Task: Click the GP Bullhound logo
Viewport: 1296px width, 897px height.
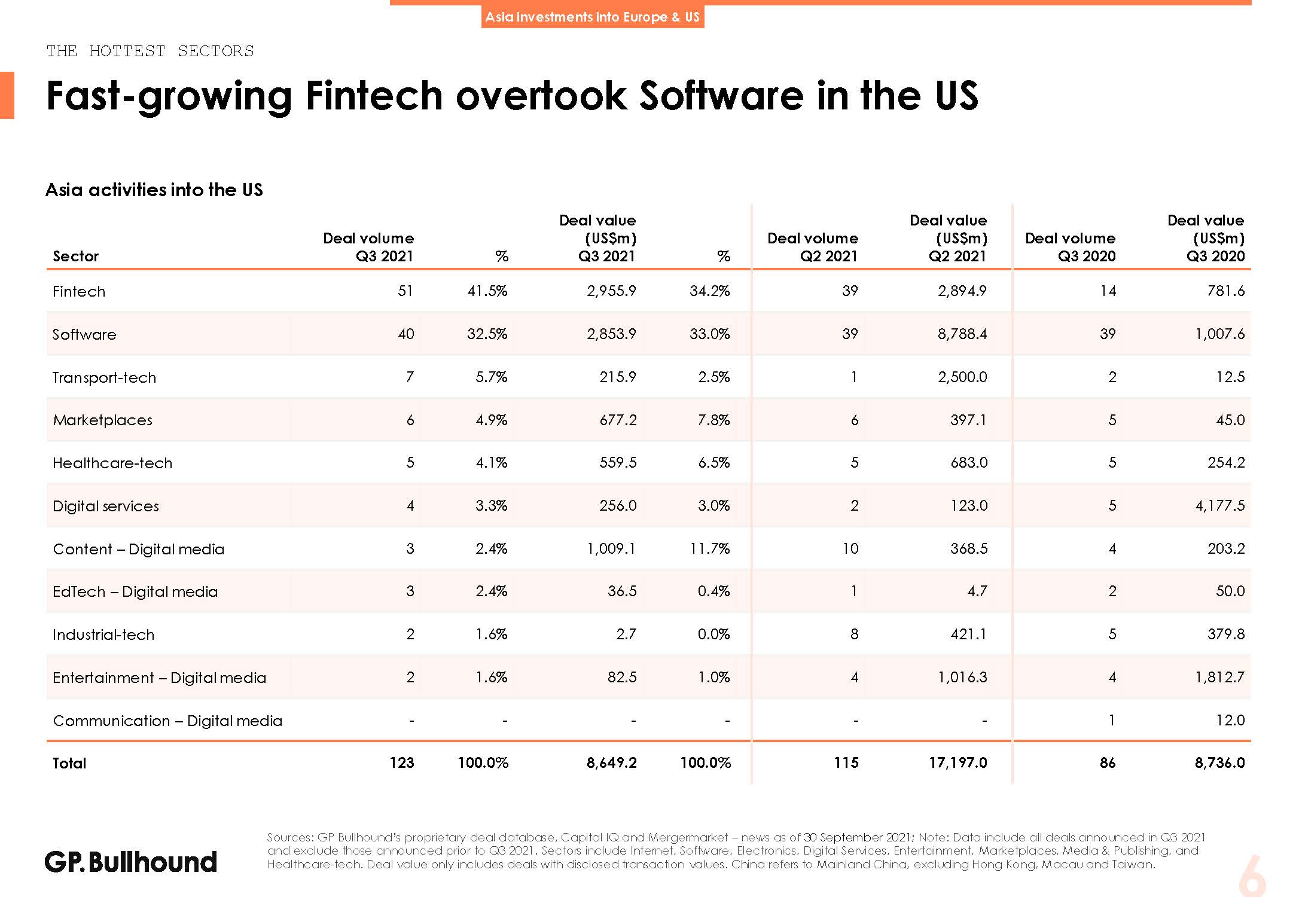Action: [x=131, y=862]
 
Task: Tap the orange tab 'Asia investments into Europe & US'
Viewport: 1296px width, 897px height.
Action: [x=592, y=17]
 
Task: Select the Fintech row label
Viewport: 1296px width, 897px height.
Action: [x=79, y=292]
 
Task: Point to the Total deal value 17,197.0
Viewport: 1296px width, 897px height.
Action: [x=957, y=763]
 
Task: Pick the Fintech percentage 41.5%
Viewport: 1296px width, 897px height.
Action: [x=487, y=291]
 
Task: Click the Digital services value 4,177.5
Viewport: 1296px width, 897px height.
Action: [x=1219, y=506]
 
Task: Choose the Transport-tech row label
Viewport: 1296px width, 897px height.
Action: [x=104, y=378]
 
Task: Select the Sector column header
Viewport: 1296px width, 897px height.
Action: [x=75, y=257]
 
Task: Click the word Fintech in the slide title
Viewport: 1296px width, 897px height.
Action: [x=373, y=96]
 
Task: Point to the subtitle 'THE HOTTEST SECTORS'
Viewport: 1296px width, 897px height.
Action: [x=150, y=51]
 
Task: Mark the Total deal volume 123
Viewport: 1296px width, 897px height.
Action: [x=401, y=763]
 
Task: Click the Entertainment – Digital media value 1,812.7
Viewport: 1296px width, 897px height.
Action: [x=1219, y=678]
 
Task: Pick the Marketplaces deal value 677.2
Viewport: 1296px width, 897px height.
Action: [x=618, y=420]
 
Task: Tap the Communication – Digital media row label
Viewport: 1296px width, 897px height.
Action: [x=167, y=721]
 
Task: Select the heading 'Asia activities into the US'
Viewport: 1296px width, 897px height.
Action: [x=154, y=190]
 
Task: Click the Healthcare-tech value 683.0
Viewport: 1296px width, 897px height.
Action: [x=969, y=463]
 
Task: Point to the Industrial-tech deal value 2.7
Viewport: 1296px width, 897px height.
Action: [x=626, y=634]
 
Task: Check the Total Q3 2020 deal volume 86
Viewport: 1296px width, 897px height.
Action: [x=1107, y=763]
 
